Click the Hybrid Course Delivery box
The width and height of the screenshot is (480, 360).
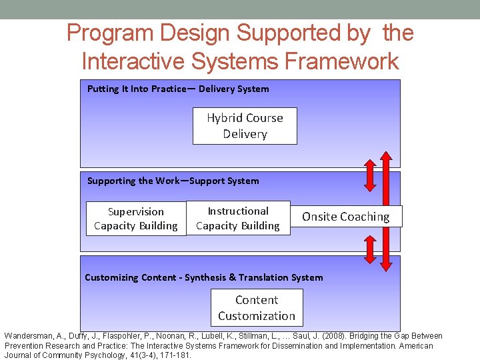click(x=245, y=126)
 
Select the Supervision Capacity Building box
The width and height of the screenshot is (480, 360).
click(x=136, y=219)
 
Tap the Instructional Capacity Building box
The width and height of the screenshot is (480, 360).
click(x=238, y=218)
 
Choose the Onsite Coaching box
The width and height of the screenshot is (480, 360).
click(x=345, y=217)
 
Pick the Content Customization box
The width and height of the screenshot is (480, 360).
click(x=257, y=308)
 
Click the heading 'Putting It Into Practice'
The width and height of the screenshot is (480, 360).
click(x=137, y=89)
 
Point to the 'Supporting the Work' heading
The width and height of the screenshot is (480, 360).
click(x=133, y=181)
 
